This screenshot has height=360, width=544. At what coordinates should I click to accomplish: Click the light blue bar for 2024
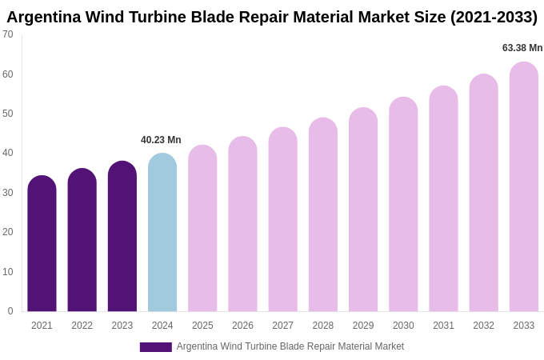click(x=162, y=233)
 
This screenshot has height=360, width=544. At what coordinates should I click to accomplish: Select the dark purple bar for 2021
click(x=42, y=244)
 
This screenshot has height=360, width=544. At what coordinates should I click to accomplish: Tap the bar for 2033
click(x=524, y=187)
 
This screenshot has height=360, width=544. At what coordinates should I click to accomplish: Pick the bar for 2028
click(x=323, y=215)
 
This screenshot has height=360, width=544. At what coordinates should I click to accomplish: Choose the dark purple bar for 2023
click(x=122, y=237)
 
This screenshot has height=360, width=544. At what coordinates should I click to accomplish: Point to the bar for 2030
click(x=403, y=205)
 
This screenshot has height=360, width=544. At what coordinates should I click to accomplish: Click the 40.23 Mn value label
click(x=161, y=140)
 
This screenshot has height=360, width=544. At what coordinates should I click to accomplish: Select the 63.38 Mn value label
click(x=522, y=48)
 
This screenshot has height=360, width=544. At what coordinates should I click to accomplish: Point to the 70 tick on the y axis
click(x=8, y=34)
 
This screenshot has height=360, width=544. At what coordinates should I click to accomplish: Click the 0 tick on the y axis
click(x=10, y=311)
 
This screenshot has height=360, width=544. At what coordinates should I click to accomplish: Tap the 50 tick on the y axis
click(x=8, y=114)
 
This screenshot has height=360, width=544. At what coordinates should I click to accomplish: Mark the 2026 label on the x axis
click(x=242, y=326)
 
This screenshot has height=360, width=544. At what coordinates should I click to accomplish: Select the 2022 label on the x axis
click(x=82, y=326)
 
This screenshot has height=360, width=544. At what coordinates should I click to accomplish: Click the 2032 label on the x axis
click(x=483, y=326)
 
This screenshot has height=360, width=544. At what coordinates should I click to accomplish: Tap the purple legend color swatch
click(x=155, y=347)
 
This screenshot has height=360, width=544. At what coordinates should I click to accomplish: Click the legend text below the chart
click(x=290, y=346)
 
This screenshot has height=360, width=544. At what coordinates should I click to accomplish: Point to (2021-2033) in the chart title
click(x=494, y=17)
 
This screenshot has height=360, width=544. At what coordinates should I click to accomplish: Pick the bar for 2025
click(x=202, y=229)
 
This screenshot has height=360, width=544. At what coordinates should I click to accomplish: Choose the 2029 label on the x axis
click(x=363, y=326)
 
